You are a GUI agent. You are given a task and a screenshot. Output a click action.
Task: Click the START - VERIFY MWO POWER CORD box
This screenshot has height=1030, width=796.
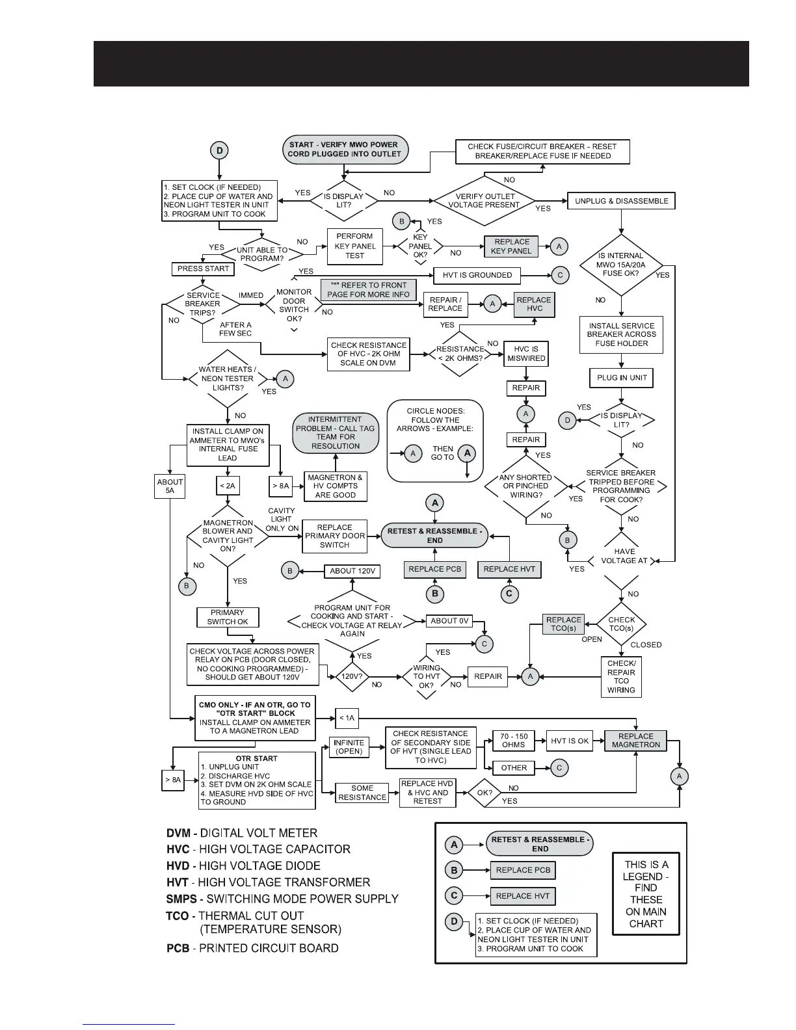coord(343,150)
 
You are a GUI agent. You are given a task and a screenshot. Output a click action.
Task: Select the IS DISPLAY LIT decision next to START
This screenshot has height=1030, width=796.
coord(343,201)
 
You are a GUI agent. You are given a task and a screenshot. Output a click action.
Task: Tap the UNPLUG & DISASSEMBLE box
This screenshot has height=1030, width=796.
coord(621,201)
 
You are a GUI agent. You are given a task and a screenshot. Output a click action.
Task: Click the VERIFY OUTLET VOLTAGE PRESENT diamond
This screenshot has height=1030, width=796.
coord(484,201)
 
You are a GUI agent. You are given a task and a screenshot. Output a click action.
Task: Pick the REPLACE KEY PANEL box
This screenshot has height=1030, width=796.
coord(512,246)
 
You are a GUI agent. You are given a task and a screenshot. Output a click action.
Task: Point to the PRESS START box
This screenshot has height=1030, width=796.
coord(203,269)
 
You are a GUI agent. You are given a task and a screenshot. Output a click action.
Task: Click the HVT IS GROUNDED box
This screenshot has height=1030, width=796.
coord(477,275)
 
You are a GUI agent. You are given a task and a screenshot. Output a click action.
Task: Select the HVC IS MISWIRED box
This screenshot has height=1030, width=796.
coord(526,354)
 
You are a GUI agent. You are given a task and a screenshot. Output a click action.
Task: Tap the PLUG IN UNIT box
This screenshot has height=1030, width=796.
coord(621,378)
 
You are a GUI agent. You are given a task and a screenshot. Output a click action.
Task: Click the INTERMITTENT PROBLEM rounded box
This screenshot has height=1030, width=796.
coord(335,433)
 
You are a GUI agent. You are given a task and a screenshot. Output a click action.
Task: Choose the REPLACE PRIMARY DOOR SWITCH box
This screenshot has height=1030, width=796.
coord(335,536)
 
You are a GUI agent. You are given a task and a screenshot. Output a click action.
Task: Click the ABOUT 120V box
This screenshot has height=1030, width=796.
coord(352,571)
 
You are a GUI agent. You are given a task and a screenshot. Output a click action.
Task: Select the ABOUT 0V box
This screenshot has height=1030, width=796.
coord(449,621)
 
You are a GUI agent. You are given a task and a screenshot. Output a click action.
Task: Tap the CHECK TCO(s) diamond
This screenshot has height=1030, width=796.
coord(621,624)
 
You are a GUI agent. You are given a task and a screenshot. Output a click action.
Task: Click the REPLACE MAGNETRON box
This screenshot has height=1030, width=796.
coord(635,741)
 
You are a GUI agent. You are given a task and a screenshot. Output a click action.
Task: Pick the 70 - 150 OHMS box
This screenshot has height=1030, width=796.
coord(514,741)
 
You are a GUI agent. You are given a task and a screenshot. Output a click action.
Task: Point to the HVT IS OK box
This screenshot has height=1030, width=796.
coord(570,741)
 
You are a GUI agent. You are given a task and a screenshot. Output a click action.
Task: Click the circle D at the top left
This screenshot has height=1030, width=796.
coord(219,151)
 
